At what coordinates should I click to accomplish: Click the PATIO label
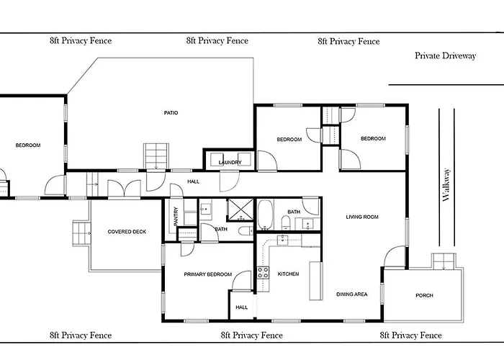click(x=171, y=113)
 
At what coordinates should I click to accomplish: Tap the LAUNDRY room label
click(x=230, y=162)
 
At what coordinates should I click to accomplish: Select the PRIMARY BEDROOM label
click(x=207, y=274)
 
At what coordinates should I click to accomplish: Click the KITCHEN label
click(x=288, y=274)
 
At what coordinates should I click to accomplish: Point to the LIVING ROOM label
click(x=362, y=217)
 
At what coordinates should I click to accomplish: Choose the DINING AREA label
click(x=351, y=294)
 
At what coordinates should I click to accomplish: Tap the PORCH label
click(x=424, y=295)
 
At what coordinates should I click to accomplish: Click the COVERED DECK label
click(x=127, y=231)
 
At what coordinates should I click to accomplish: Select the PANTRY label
click(x=176, y=216)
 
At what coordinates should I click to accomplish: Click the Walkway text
click(x=446, y=185)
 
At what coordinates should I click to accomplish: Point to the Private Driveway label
click(x=445, y=55)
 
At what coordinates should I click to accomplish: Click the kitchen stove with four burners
click(x=263, y=273)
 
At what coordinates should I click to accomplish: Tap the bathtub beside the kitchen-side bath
click(x=266, y=215)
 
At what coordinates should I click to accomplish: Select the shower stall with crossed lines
click(x=240, y=210)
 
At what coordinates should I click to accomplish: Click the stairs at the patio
click(x=156, y=156)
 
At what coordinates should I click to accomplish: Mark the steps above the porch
click(x=444, y=261)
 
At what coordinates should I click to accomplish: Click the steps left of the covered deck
click(x=81, y=233)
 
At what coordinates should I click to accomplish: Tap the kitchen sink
click(x=282, y=240)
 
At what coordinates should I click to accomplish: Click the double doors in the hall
click(x=124, y=189)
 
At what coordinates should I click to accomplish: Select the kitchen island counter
click(x=315, y=281)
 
